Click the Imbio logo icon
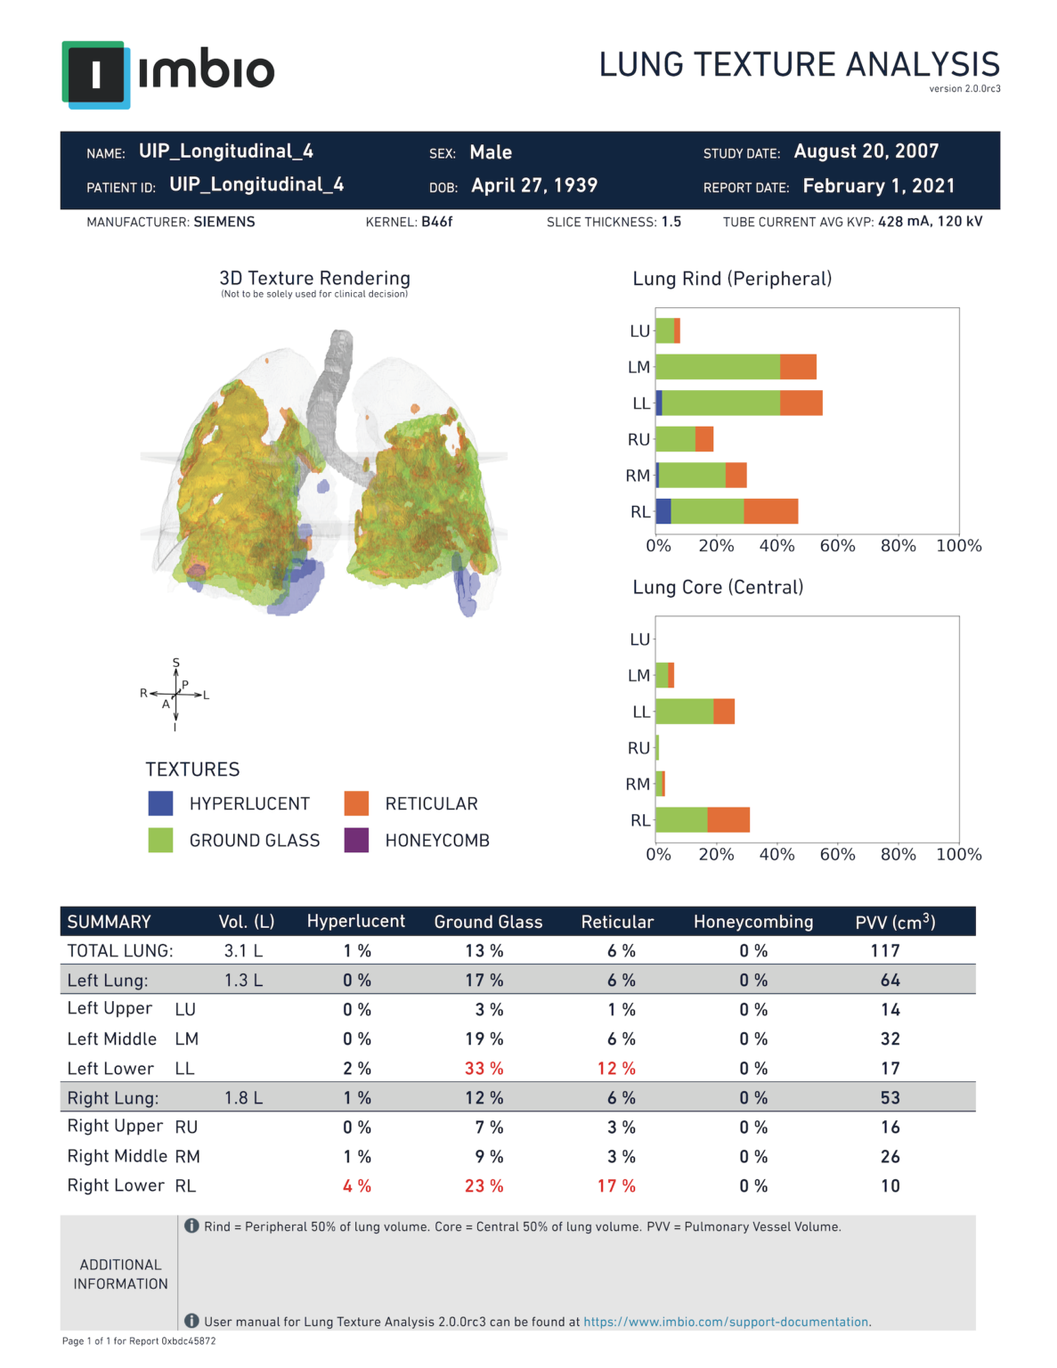coord(96,74)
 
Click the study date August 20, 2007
coord(866,151)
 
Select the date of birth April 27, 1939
coord(534,185)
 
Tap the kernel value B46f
coord(436,222)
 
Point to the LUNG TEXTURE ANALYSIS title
coord(799,65)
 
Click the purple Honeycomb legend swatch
coord(356,840)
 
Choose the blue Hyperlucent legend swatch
coord(160,803)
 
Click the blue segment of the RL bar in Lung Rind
coord(663,511)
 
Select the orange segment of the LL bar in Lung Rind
coord(801,403)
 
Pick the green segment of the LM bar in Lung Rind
coord(718,367)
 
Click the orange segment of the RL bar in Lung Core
coord(728,819)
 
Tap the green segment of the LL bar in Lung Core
coord(684,712)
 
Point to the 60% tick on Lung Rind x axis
coord(837,546)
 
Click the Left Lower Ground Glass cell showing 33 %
coord(484,1068)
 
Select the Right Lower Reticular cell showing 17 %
coord(616,1186)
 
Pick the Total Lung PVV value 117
coord(885,950)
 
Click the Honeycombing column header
coord(753,922)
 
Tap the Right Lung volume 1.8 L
coord(243,1098)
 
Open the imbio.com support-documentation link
coord(726,1322)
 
